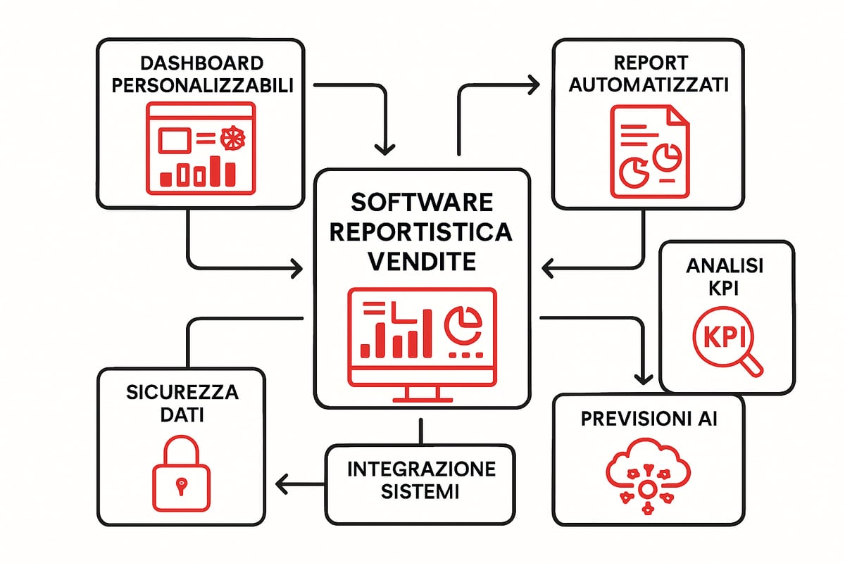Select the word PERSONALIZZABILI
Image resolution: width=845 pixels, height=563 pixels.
199,85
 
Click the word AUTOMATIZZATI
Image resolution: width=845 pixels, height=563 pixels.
649,85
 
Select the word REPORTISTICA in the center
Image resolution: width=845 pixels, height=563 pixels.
421,232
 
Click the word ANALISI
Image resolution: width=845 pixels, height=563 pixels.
725,266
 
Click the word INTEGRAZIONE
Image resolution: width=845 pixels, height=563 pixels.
421,469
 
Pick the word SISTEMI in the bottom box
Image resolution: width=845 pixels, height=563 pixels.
421,491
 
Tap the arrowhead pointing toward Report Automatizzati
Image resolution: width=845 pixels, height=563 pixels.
532,85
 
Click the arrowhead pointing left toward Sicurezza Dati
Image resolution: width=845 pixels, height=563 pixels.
282,483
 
